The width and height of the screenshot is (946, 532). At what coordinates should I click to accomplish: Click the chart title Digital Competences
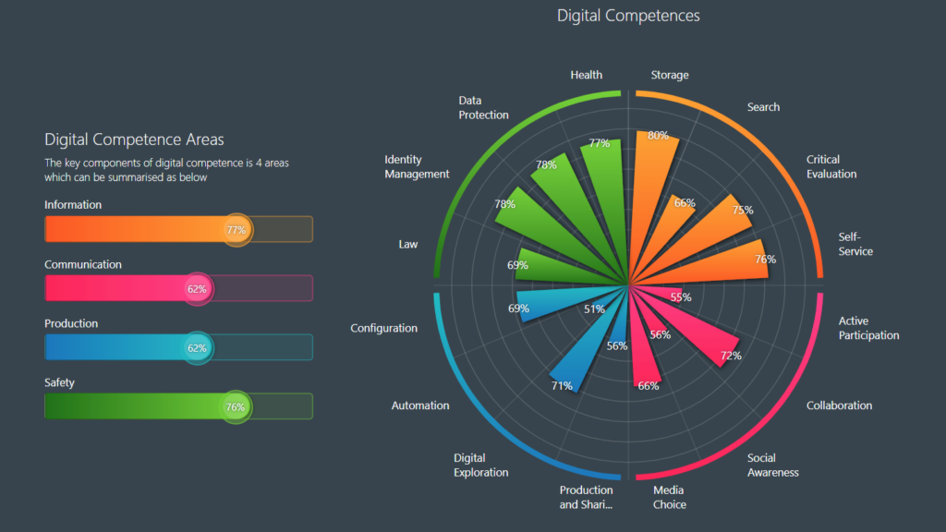coord(628,16)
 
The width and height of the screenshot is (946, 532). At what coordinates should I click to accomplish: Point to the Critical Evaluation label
coord(831,166)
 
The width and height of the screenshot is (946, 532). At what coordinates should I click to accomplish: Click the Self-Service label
coord(855,244)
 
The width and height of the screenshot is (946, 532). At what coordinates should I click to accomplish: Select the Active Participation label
coord(868,328)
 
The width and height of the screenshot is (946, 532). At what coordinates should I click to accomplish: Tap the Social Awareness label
coord(773,465)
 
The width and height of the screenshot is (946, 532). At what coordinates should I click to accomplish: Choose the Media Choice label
coord(670,497)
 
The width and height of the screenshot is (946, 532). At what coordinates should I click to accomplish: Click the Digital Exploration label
coord(480,465)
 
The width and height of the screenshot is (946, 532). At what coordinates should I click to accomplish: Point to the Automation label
coord(420,405)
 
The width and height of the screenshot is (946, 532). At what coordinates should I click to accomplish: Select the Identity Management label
coord(417,166)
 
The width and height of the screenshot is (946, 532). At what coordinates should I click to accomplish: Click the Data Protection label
coord(483,107)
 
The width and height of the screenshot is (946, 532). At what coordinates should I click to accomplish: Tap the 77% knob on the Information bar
coord(236,229)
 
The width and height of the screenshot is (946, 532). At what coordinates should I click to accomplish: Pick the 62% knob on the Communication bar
coord(197,288)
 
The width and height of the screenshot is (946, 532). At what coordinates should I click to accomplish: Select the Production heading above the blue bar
coord(71,324)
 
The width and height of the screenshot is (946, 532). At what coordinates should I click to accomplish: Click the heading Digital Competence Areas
coord(134,139)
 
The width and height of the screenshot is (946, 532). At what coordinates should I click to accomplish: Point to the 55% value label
coord(681,297)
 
